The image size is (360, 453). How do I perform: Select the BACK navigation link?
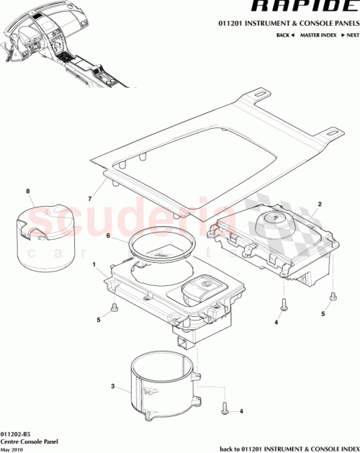pyautogui.click(x=286, y=35)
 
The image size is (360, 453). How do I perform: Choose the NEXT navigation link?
pyautogui.click(x=350, y=35)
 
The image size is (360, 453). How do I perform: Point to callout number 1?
pyautogui.click(x=94, y=264)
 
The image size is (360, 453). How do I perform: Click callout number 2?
pyautogui.click(x=319, y=204)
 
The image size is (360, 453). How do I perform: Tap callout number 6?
pyautogui.click(x=109, y=236)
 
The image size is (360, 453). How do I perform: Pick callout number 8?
pyautogui.click(x=29, y=192)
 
